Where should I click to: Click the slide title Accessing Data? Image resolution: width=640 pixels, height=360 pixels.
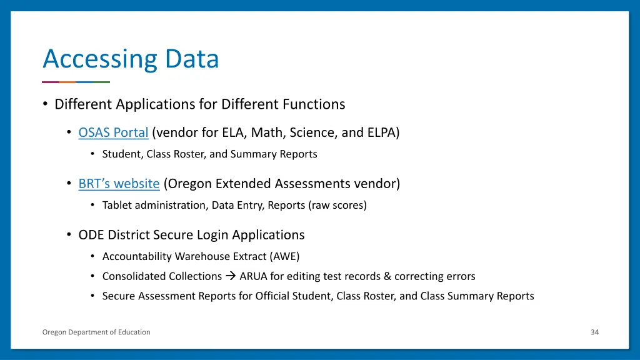pyautogui.click(x=131, y=59)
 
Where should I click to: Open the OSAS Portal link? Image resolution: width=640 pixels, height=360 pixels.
pyautogui.click(x=113, y=132)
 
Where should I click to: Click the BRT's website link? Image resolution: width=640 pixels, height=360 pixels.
pyautogui.click(x=119, y=184)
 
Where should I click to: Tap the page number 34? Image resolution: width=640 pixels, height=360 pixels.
pyautogui.click(x=594, y=332)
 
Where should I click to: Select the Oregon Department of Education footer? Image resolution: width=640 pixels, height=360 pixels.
pyautogui.click(x=96, y=332)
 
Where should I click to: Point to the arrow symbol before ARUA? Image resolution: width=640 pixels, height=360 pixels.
pyautogui.click(x=231, y=276)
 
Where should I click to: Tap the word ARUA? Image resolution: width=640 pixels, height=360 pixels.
pyautogui.click(x=253, y=276)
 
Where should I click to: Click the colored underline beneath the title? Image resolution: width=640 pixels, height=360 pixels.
pyautogui.click(x=76, y=82)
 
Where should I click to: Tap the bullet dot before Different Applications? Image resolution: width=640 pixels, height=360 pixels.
pyautogui.click(x=46, y=104)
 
